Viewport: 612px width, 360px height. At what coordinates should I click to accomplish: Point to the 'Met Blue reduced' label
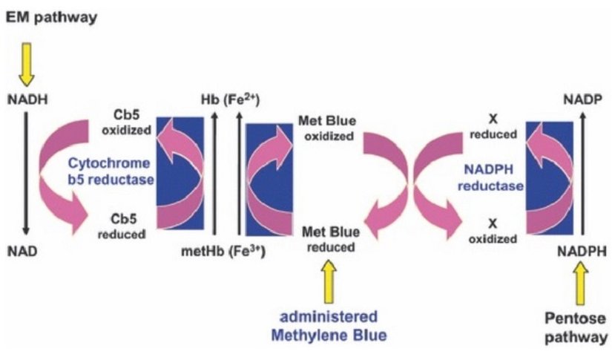pos(331,239)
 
